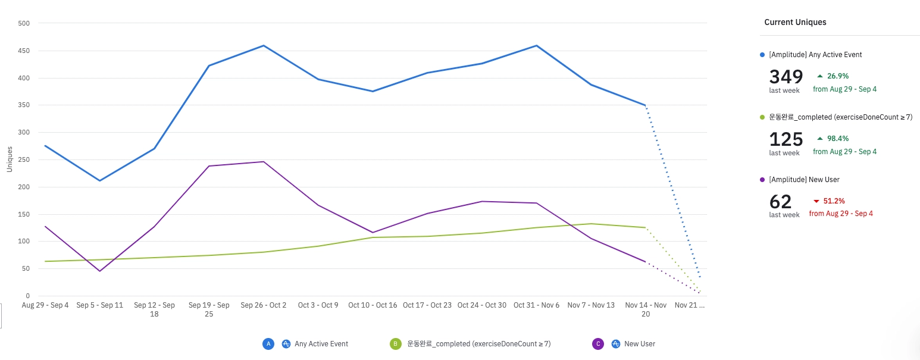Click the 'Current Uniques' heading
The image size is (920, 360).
click(x=795, y=22)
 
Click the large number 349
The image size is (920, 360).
click(x=786, y=77)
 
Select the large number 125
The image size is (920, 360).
click(x=786, y=139)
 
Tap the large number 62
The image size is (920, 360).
click(x=781, y=202)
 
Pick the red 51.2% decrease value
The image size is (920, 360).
click(x=833, y=201)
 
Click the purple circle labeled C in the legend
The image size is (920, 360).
click(x=598, y=344)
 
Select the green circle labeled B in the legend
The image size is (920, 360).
click(x=395, y=344)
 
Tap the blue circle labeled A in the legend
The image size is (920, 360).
click(x=268, y=344)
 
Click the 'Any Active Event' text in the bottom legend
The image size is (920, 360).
click(x=321, y=344)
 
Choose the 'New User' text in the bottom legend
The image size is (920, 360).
click(x=640, y=344)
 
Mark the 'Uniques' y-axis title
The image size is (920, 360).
click(x=10, y=159)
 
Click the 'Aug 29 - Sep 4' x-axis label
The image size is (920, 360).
click(x=45, y=305)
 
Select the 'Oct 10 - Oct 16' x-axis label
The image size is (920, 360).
click(x=373, y=305)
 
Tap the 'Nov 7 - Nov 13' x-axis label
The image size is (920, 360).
click(x=591, y=305)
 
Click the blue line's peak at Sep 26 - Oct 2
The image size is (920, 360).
click(x=264, y=46)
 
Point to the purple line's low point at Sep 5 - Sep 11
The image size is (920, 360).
click(x=99, y=271)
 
